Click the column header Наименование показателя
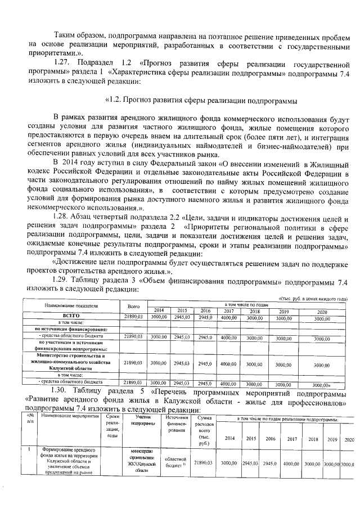pos(71,305)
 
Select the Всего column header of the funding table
pos(133,305)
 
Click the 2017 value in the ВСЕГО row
pos(228,317)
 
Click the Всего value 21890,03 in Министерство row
pos(133,364)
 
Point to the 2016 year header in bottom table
pos(270,438)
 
